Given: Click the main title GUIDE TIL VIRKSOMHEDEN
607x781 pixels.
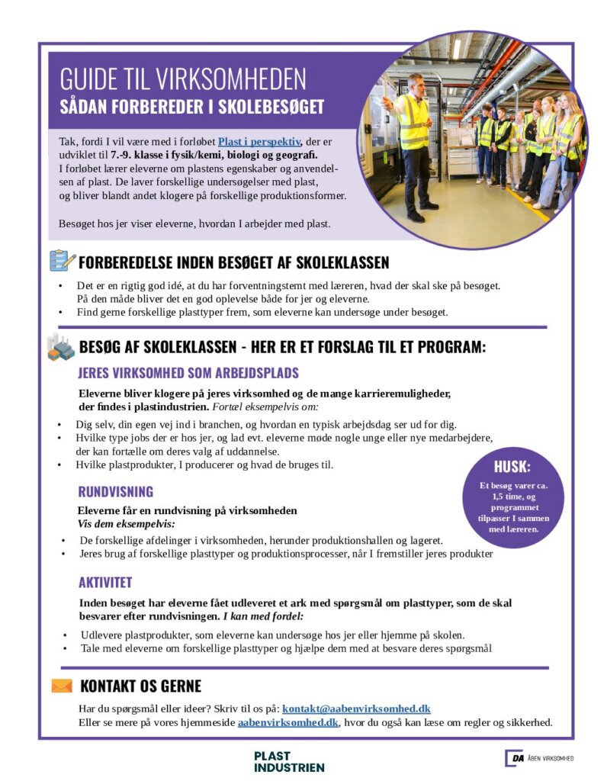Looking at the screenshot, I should pos(183,79).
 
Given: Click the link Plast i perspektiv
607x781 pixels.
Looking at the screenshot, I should pos(259,142).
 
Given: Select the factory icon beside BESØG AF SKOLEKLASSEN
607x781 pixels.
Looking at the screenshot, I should pos(61,347).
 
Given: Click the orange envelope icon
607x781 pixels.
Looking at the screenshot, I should pos(62,686).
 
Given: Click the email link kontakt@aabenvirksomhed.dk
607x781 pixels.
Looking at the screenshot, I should pos(356,709).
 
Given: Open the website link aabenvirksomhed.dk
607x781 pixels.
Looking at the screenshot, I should pos(287,723).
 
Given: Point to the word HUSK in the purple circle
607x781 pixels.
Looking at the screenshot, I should pos(512,467).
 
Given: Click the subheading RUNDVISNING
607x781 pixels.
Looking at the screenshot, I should pos(115,491).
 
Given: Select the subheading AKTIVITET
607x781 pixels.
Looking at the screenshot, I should pos(105,582).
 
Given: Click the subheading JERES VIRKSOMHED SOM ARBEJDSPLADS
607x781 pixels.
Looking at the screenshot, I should pos(188,373).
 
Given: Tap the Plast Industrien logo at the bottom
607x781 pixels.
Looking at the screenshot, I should pos(289,761).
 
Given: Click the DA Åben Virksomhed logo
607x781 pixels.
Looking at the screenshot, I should pos(539,758).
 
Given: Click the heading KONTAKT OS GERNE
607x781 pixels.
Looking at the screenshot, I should pos(140,686).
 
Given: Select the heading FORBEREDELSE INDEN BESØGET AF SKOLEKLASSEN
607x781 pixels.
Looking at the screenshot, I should pos(233,262).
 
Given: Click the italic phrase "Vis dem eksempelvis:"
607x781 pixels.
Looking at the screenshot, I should pos(126,524).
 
